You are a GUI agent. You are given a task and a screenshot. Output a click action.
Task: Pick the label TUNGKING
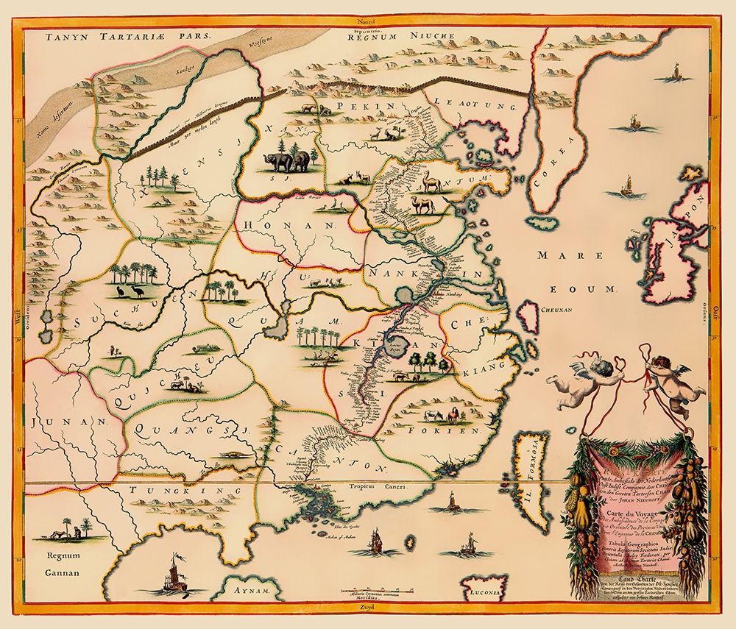pos(180,490)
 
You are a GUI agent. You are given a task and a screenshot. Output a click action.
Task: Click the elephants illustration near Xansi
pos(289,161)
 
